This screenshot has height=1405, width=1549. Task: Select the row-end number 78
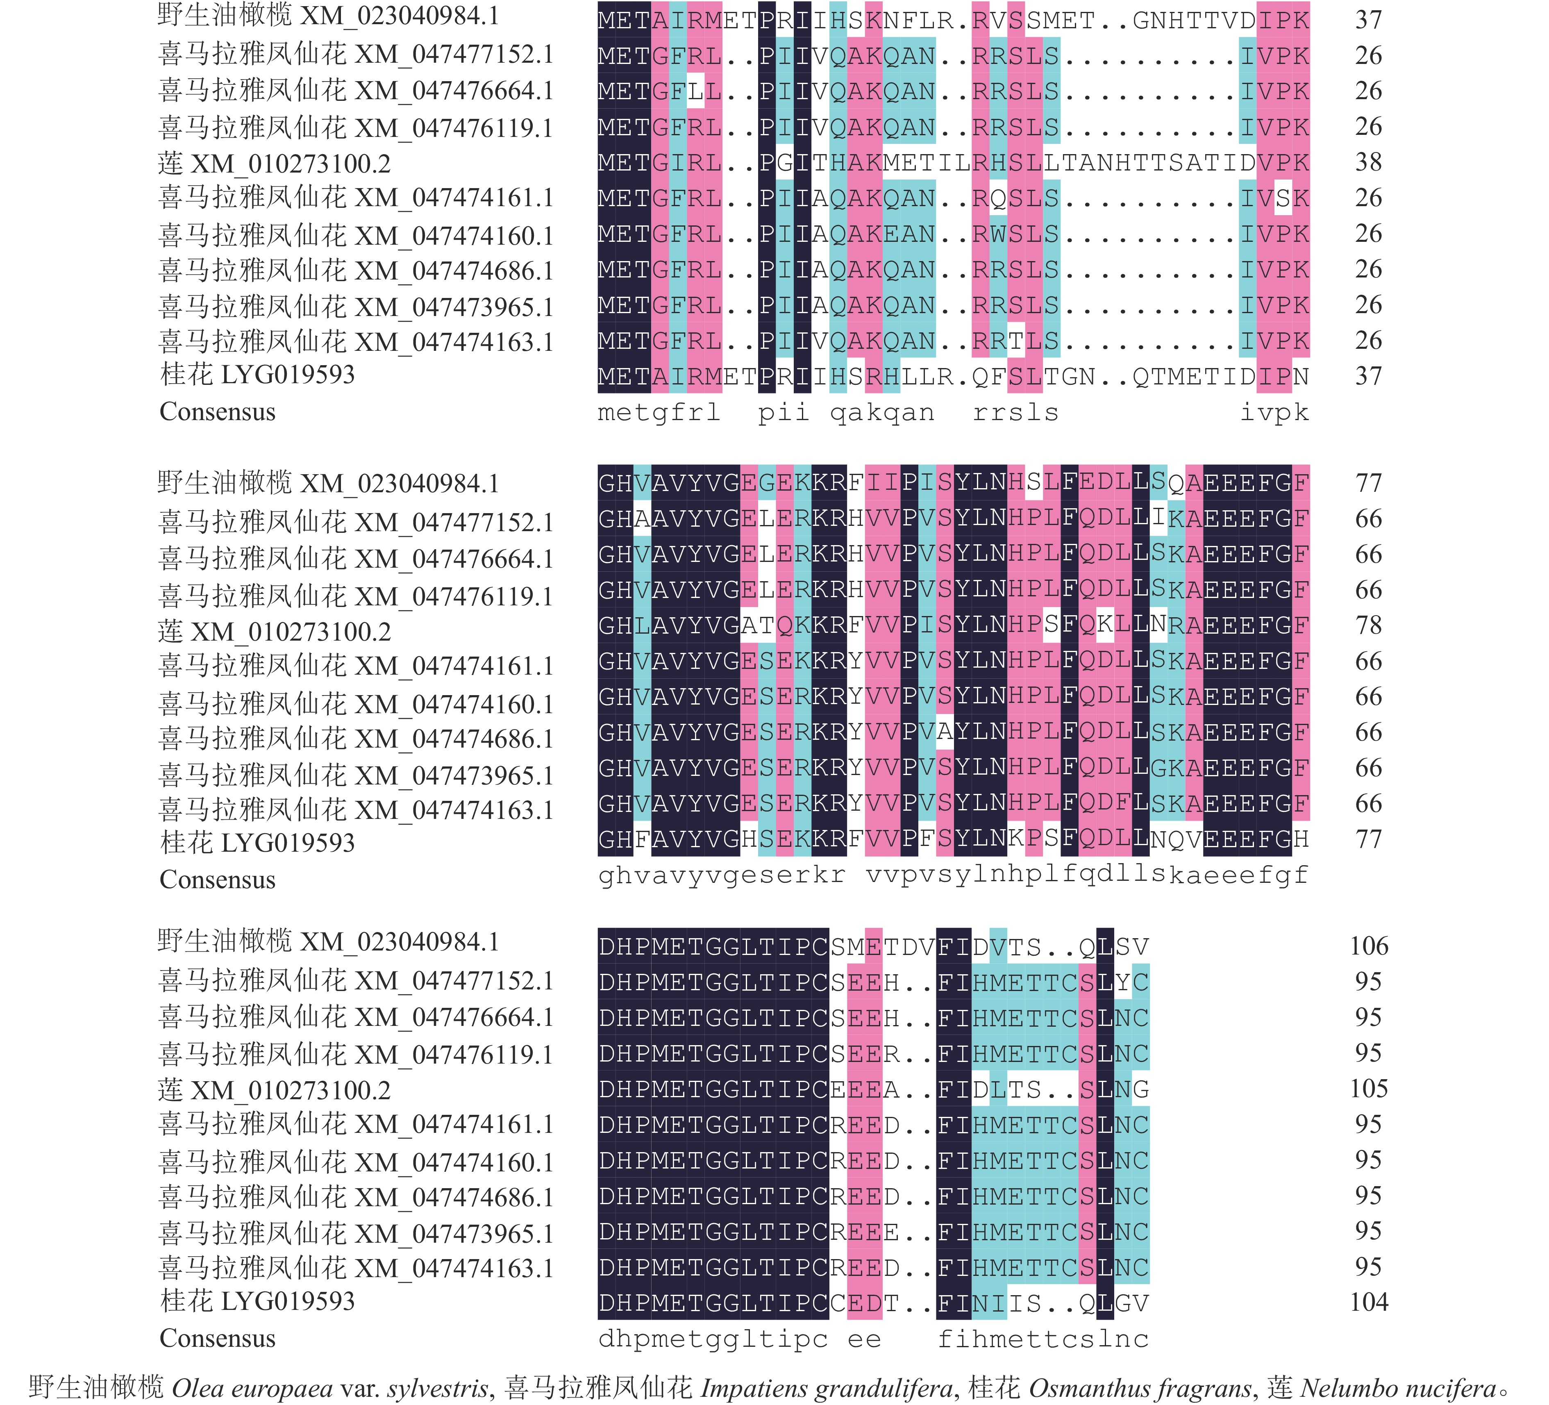pyautogui.click(x=1368, y=625)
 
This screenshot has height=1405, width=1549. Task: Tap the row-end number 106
pyautogui.click(x=1368, y=946)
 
